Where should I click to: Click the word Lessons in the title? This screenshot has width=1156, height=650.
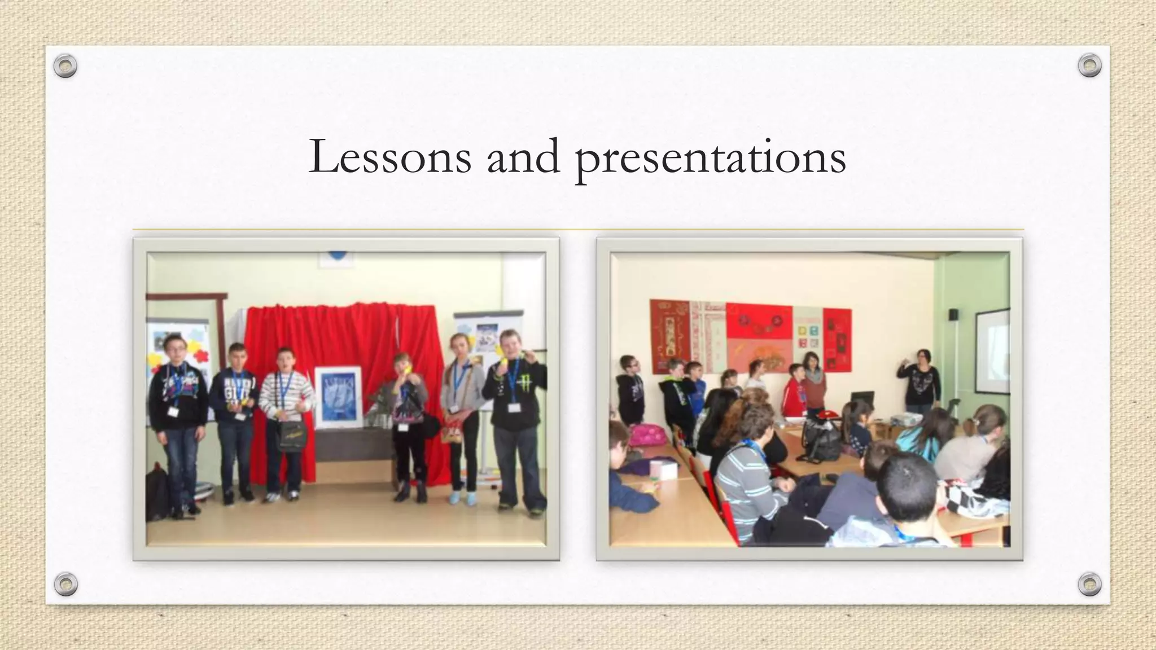(x=389, y=157)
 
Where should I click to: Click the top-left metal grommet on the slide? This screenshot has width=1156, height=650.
(x=65, y=66)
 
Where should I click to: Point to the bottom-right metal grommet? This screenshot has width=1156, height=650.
(x=1089, y=584)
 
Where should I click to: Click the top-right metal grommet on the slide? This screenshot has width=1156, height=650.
(x=1089, y=66)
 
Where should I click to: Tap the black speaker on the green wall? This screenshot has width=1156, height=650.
(x=953, y=314)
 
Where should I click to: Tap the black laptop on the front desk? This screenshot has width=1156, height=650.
(x=862, y=402)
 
